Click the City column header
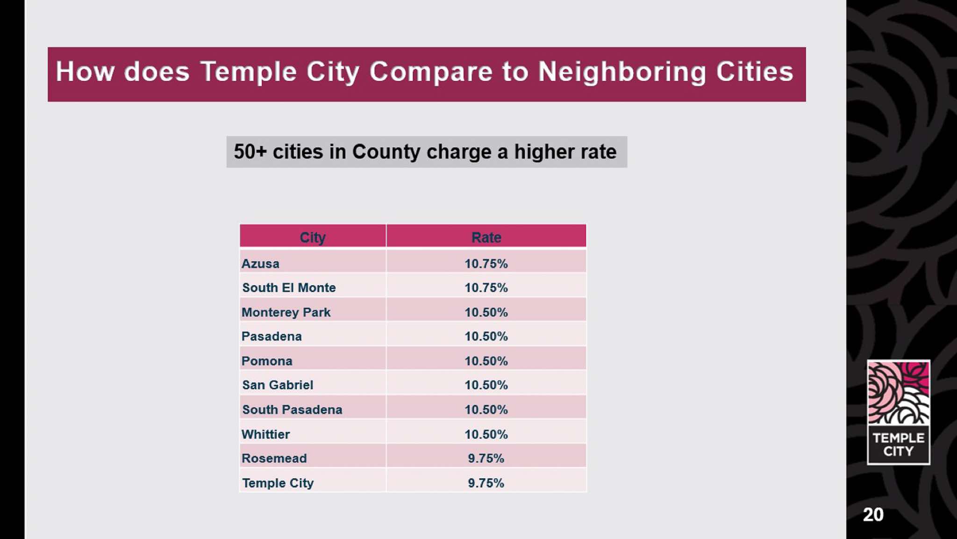(x=313, y=237)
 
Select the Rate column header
(x=486, y=237)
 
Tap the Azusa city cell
(x=260, y=264)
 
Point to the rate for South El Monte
(x=486, y=287)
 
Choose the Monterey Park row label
(x=286, y=312)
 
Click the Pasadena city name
(x=271, y=337)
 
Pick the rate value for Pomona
(x=486, y=361)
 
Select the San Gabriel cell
(x=278, y=385)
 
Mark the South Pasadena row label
(x=292, y=410)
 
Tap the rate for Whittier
(x=486, y=434)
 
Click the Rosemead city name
(x=274, y=458)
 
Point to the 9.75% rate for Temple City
(x=486, y=483)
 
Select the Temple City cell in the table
(x=278, y=483)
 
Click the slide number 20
(x=873, y=515)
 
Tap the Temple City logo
(x=898, y=412)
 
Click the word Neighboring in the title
(x=622, y=72)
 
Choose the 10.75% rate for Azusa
(x=486, y=264)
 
